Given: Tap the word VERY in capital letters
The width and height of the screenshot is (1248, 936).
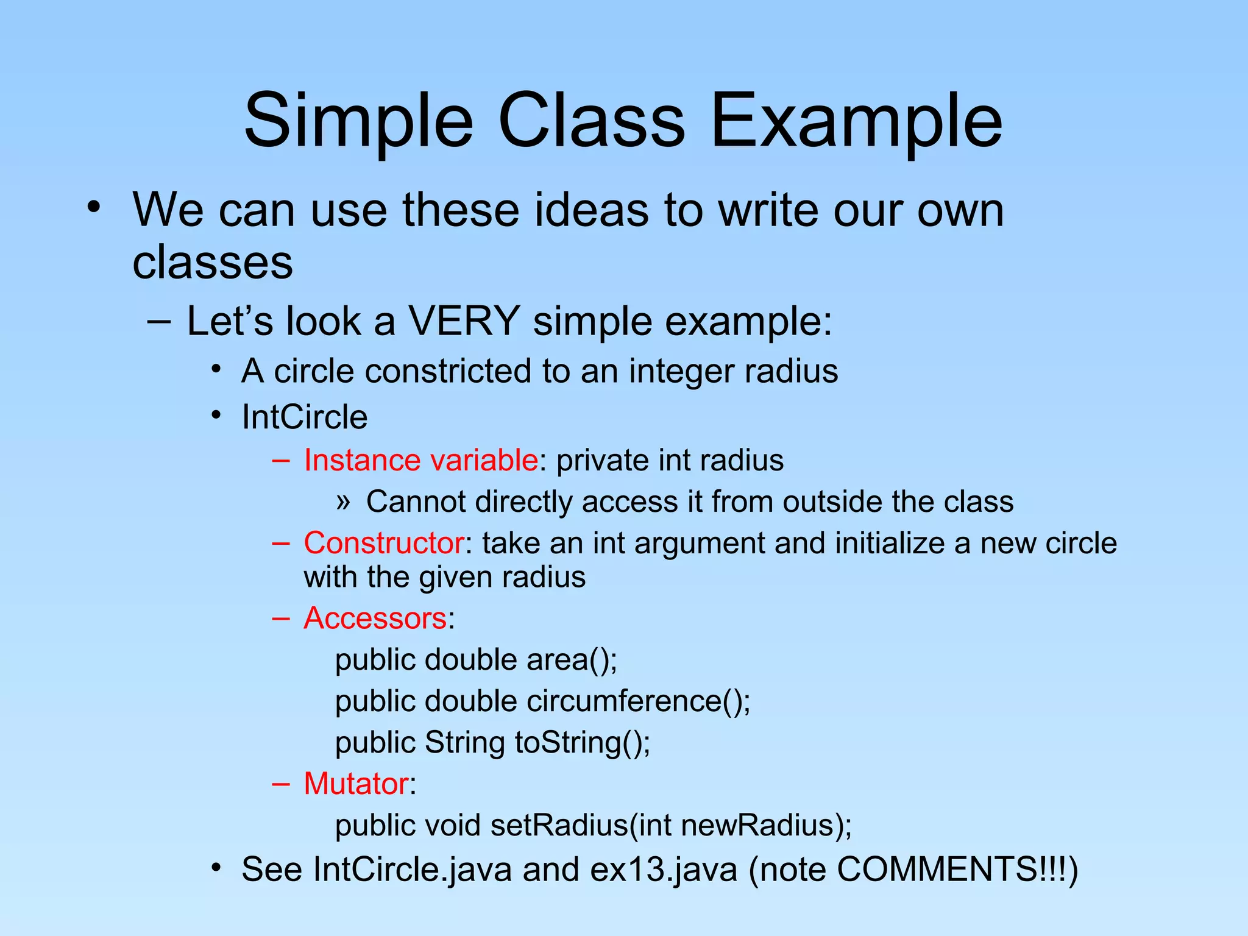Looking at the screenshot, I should (x=463, y=321).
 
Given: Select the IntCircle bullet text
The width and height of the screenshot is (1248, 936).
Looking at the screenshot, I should (x=305, y=417).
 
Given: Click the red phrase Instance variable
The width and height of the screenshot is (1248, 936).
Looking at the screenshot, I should (x=420, y=460).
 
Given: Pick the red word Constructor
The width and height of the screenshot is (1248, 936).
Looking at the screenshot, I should (x=384, y=542).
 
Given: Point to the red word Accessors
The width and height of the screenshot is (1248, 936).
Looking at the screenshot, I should (x=375, y=618).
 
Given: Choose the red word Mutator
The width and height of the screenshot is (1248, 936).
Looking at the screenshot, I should (x=356, y=784).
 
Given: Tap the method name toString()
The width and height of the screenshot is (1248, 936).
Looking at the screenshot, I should (x=582, y=743).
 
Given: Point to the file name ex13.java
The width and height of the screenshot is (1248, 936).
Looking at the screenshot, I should (x=664, y=870).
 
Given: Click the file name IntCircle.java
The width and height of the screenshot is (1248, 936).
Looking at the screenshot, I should (x=412, y=870).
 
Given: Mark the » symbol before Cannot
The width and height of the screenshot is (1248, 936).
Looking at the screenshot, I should (x=343, y=502).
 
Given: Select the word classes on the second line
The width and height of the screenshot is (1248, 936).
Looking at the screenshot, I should (x=213, y=263).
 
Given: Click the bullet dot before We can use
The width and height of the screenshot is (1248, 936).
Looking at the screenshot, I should (x=93, y=207).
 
